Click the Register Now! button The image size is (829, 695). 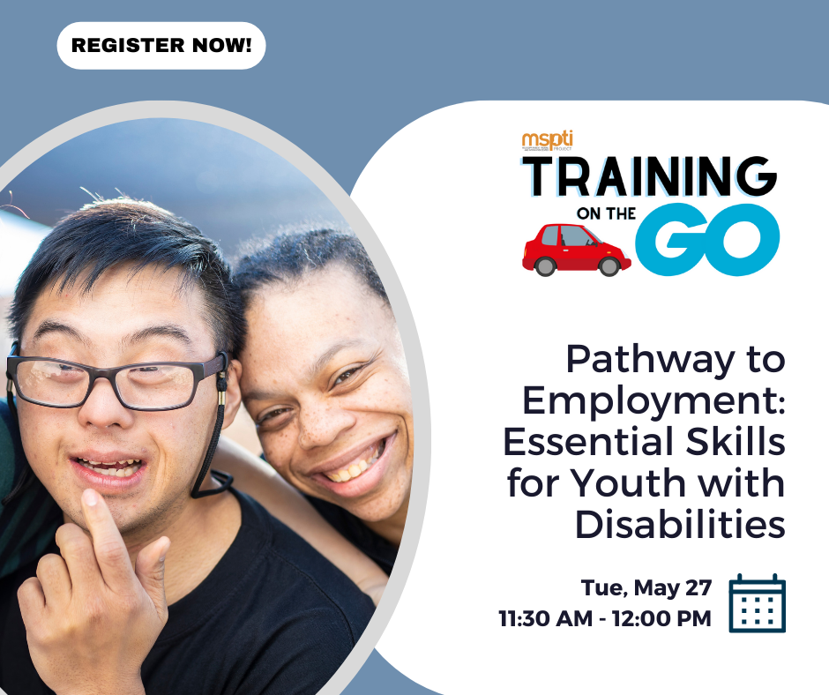point(161,46)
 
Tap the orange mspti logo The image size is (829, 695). point(547,141)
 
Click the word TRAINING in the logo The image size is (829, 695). point(650,176)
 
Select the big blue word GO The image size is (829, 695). point(708,240)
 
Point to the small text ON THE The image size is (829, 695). point(606,213)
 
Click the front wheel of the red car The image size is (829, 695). point(609,266)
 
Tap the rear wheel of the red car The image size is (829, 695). point(545,266)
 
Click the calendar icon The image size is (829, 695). point(757,603)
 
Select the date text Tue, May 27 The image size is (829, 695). point(646,587)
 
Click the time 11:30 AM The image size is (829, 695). point(546,618)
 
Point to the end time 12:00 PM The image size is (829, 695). point(662,618)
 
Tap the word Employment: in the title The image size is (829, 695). point(654,401)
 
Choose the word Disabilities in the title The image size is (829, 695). point(680,524)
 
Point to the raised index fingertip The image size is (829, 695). point(89,497)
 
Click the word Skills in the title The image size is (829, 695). point(736,442)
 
